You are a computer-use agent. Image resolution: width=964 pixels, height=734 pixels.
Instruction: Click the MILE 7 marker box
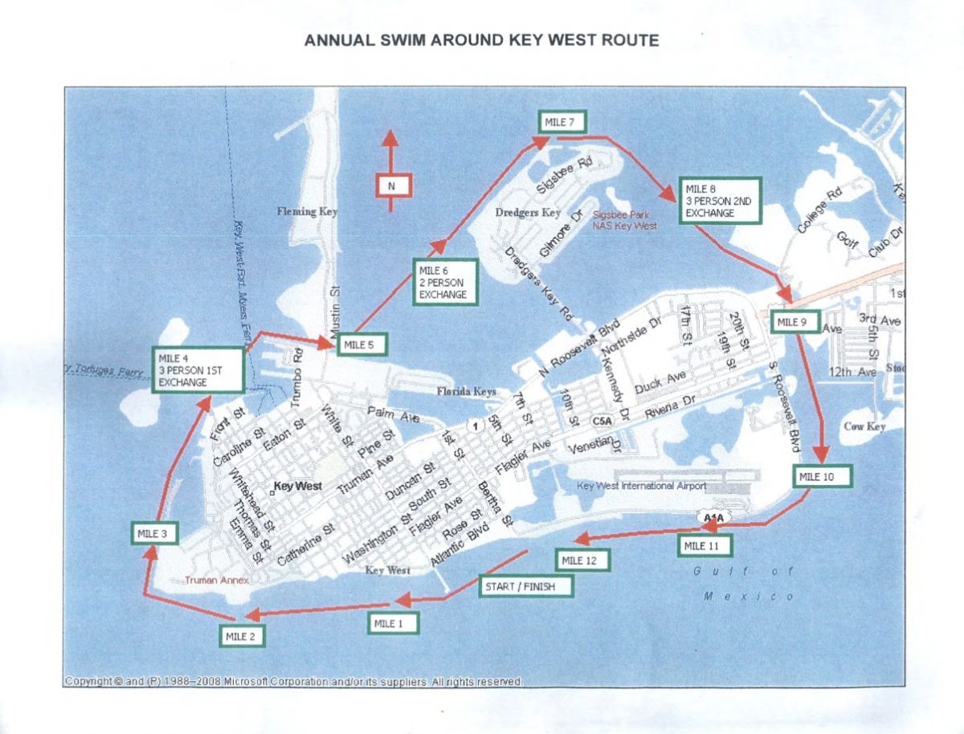pyautogui.click(x=562, y=122)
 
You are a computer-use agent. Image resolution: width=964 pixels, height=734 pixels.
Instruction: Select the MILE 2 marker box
pyautogui.click(x=242, y=636)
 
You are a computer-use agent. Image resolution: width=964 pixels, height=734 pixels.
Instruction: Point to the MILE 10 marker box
pyautogui.click(x=822, y=476)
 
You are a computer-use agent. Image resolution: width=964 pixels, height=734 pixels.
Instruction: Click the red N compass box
pyautogui.click(x=393, y=186)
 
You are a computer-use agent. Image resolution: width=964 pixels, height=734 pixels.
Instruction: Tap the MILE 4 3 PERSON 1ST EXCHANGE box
pyautogui.click(x=198, y=370)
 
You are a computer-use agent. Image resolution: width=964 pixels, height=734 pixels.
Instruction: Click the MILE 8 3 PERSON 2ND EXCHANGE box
pyautogui.click(x=719, y=202)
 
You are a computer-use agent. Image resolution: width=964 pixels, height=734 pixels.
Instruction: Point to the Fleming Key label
pyautogui.click(x=308, y=212)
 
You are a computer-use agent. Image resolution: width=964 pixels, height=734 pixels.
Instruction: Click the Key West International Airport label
pyautogui.click(x=641, y=486)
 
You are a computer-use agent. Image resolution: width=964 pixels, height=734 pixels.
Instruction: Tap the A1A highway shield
pyautogui.click(x=713, y=518)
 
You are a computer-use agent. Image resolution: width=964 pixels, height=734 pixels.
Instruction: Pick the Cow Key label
pyautogui.click(x=864, y=426)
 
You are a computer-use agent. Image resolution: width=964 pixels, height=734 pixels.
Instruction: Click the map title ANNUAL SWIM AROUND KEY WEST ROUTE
pyautogui.click(x=481, y=40)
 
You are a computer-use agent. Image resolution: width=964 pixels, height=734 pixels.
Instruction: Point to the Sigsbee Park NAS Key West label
pyautogui.click(x=624, y=220)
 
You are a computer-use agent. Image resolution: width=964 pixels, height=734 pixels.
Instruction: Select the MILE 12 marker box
pyautogui.click(x=581, y=560)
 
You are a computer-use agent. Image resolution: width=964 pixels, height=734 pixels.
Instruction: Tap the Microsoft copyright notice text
pyautogui.click(x=293, y=682)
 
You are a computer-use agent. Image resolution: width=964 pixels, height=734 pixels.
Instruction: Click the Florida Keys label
pyautogui.click(x=466, y=392)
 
